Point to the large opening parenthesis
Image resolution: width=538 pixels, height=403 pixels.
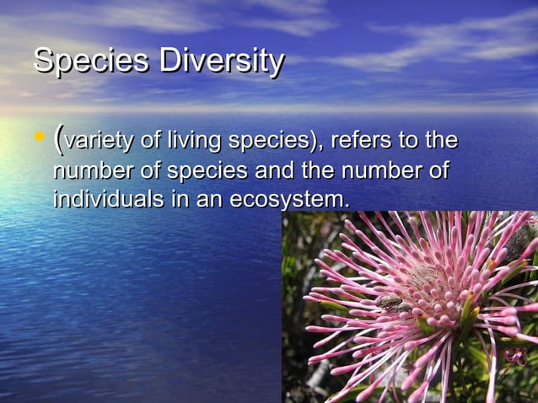(x=58, y=138)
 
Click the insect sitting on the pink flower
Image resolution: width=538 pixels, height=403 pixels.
(x=390, y=303)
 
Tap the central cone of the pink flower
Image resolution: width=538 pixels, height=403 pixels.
(x=426, y=278)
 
